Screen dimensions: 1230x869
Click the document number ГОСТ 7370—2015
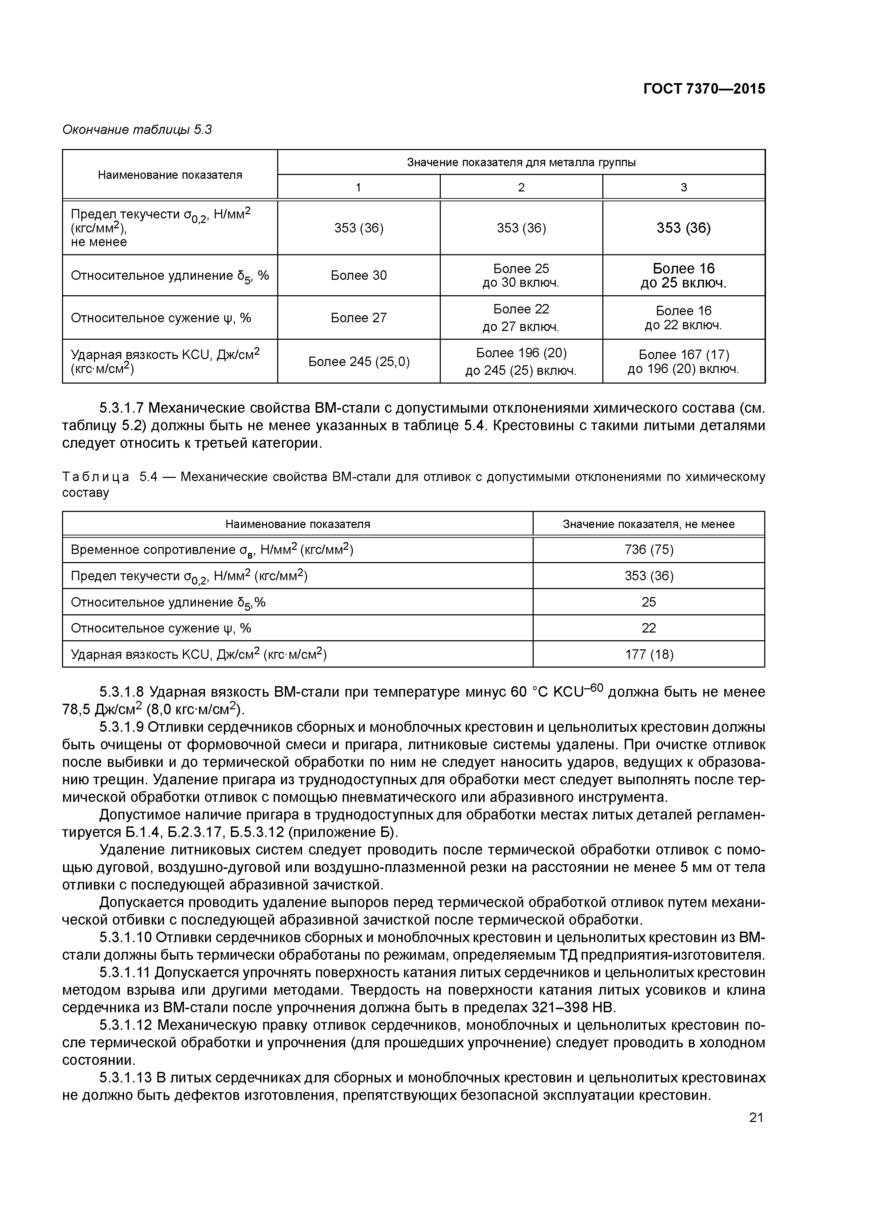pyautogui.click(x=704, y=89)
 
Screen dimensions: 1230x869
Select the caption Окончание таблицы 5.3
pyautogui.click(x=137, y=130)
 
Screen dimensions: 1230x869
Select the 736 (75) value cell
pyautogui.click(x=648, y=550)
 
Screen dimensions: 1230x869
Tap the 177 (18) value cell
pyautogui.click(x=648, y=654)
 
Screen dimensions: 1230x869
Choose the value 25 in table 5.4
pyautogui.click(x=648, y=602)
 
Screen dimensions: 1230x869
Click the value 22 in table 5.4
pyautogui.click(x=648, y=628)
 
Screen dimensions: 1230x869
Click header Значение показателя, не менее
pyautogui.click(x=648, y=524)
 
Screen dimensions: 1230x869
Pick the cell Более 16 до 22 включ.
pyautogui.click(x=683, y=318)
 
